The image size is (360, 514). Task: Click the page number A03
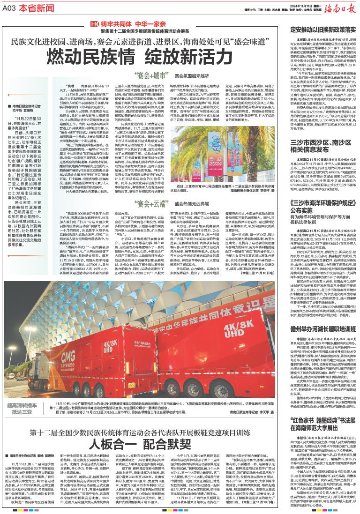(11, 6)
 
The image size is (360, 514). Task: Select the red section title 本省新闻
(34, 7)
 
